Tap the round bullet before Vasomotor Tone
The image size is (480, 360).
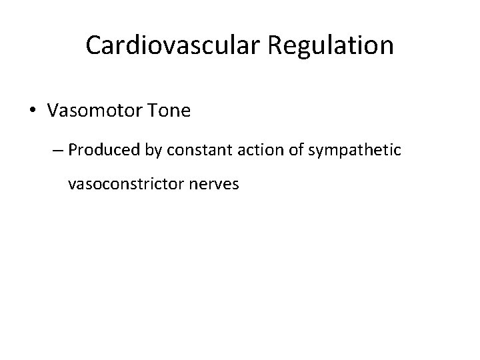(33, 111)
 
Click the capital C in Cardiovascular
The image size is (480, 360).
(93, 45)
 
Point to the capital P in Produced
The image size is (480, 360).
(72, 149)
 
